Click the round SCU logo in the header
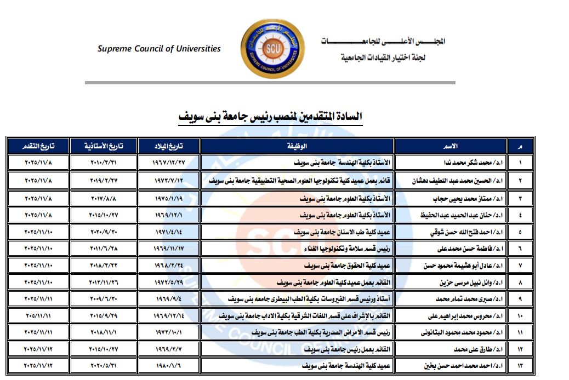tap(272, 49)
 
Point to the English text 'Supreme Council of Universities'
tap(159, 49)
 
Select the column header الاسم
tap(450, 146)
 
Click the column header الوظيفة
tap(297, 146)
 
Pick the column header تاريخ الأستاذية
tap(103, 146)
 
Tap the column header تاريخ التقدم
tap(38, 146)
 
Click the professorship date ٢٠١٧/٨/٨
tap(103, 198)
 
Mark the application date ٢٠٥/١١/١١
tap(38, 317)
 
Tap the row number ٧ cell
tap(520, 266)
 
